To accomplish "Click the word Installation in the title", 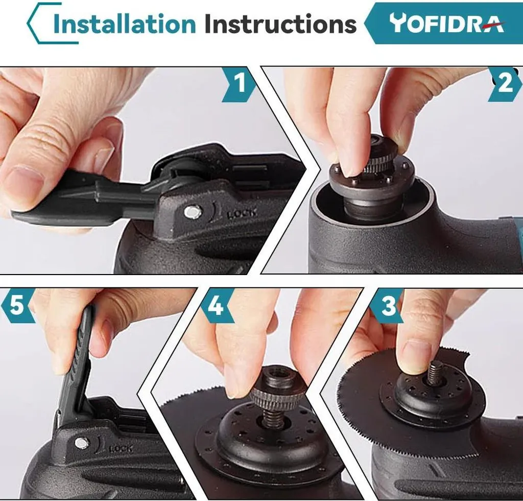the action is (124, 24).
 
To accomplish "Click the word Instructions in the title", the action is (280, 24).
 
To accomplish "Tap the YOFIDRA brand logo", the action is (446, 23).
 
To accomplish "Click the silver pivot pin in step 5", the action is (81, 443).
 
